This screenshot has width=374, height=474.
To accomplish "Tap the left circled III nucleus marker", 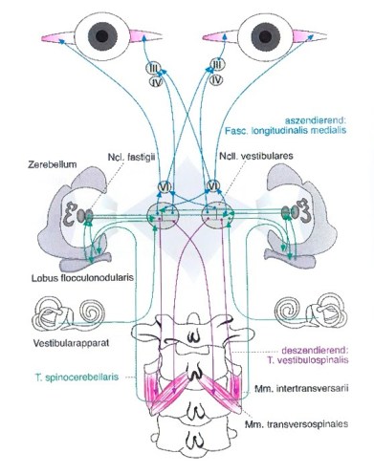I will [149, 65].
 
